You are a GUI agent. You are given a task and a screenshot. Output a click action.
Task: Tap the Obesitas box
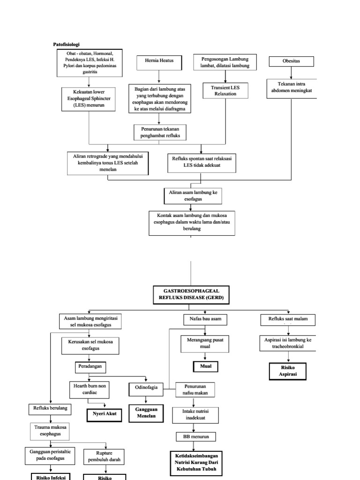tap(291, 61)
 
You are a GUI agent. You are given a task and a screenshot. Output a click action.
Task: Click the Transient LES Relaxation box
tap(225, 90)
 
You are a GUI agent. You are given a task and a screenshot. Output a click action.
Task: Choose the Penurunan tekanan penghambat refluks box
tap(160, 132)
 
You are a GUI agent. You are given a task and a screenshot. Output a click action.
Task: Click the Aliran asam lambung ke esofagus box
tap(193, 195)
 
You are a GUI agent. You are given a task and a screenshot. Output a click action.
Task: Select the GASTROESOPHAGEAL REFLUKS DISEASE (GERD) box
tap(189, 295)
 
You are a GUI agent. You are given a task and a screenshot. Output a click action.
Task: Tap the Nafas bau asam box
tap(205, 320)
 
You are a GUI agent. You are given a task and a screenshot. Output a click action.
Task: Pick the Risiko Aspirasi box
tap(287, 371)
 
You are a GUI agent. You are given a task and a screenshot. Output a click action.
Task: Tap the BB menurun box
tap(196, 436)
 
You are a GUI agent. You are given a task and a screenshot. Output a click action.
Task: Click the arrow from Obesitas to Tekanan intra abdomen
tap(291, 73)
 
